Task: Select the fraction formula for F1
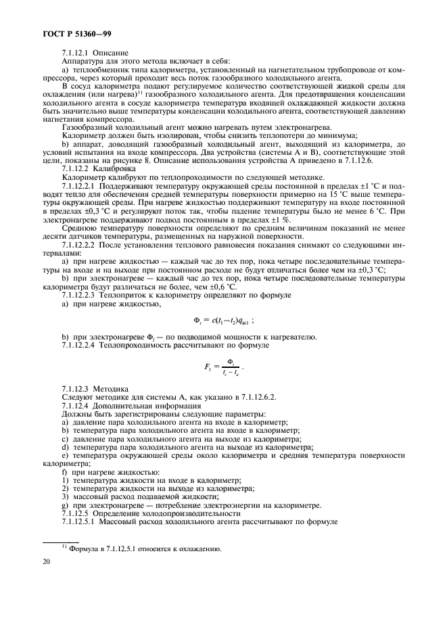click(222, 367)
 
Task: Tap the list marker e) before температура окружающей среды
click(64, 456)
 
